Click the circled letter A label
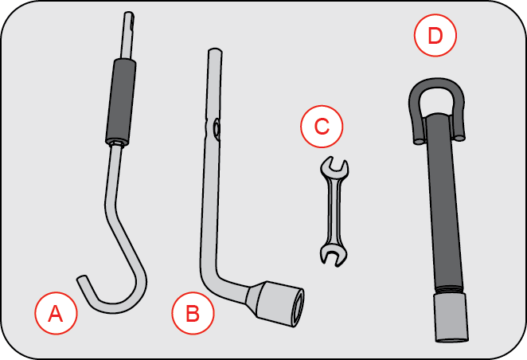pyautogui.click(x=55, y=314)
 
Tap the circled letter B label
pyautogui.click(x=193, y=313)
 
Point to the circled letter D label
pyautogui.click(x=434, y=37)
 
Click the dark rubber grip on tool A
pyautogui.click(x=122, y=100)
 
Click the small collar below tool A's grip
pyautogui.click(x=117, y=143)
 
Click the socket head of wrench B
pyautogui.click(x=281, y=301)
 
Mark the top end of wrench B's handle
pyautogui.click(x=213, y=53)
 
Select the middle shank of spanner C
pyautogui.click(x=332, y=211)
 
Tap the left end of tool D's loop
pyautogui.click(x=416, y=139)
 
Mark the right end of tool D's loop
pyautogui.click(x=460, y=137)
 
